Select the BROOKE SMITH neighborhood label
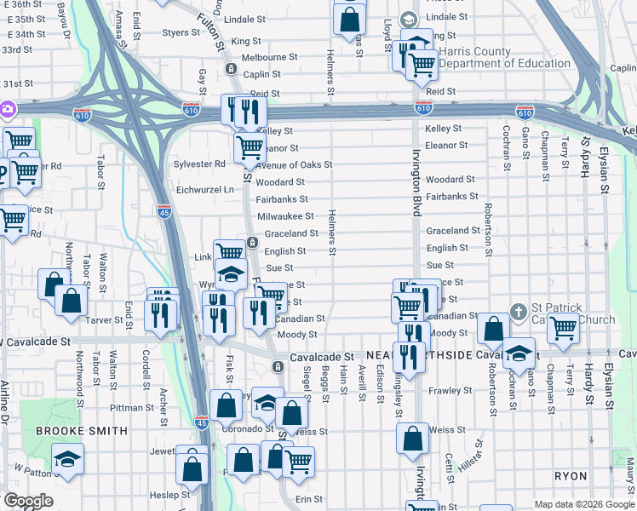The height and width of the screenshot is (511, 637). point(82,431)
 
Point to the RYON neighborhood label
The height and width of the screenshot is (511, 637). point(571,475)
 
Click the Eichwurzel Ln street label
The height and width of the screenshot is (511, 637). point(204,189)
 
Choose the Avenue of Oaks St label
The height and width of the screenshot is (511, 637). point(293,164)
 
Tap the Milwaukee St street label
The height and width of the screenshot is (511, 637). point(285,216)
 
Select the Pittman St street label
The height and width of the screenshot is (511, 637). point(131,384)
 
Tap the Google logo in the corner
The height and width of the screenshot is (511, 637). point(27,501)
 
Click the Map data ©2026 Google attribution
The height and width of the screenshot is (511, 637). point(584,504)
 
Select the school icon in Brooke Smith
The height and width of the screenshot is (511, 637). point(67,460)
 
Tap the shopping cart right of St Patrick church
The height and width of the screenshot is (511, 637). point(563,328)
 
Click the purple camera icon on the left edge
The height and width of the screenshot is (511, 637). point(6,109)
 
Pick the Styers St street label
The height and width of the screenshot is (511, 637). point(181,33)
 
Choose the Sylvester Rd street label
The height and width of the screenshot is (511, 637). point(199,164)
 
